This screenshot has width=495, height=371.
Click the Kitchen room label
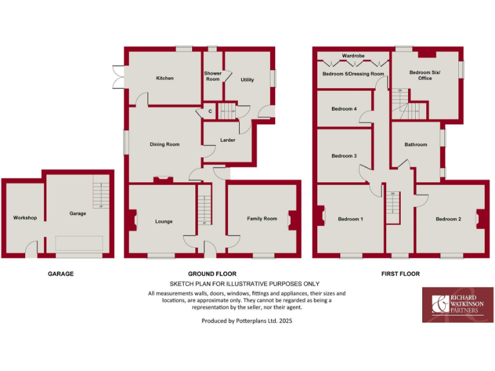[164, 79]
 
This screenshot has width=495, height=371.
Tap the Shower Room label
[213, 76]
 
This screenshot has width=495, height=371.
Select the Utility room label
[247, 80]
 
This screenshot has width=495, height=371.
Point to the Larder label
[228, 140]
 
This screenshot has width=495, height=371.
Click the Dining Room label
[164, 144]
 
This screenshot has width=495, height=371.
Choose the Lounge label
[164, 222]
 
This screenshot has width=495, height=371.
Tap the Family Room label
[262, 219]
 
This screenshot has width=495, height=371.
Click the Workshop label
[24, 218]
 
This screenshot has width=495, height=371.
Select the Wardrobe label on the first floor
[353, 56]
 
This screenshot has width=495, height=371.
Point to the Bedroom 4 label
[344, 109]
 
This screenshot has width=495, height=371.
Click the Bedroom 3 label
[344, 156]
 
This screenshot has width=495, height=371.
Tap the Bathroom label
[416, 144]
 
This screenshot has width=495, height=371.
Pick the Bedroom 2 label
[448, 220]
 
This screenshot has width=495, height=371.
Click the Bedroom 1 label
[351, 220]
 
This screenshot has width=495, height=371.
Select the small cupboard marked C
[210, 111]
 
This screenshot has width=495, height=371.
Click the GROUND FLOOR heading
[212, 274]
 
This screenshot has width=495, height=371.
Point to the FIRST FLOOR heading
[400, 274]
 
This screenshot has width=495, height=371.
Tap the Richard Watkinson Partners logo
[457, 305]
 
